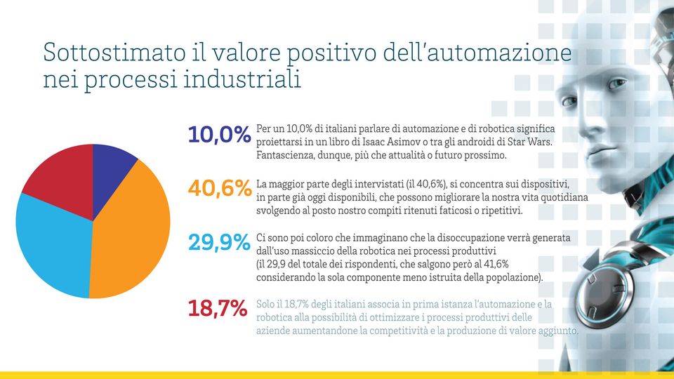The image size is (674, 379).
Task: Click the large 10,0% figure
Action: (219, 135)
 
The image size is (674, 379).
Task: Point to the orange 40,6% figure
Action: (219, 189)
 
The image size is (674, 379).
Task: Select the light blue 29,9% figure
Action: (219, 243)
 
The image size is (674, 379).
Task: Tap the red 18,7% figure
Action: (218, 307)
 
